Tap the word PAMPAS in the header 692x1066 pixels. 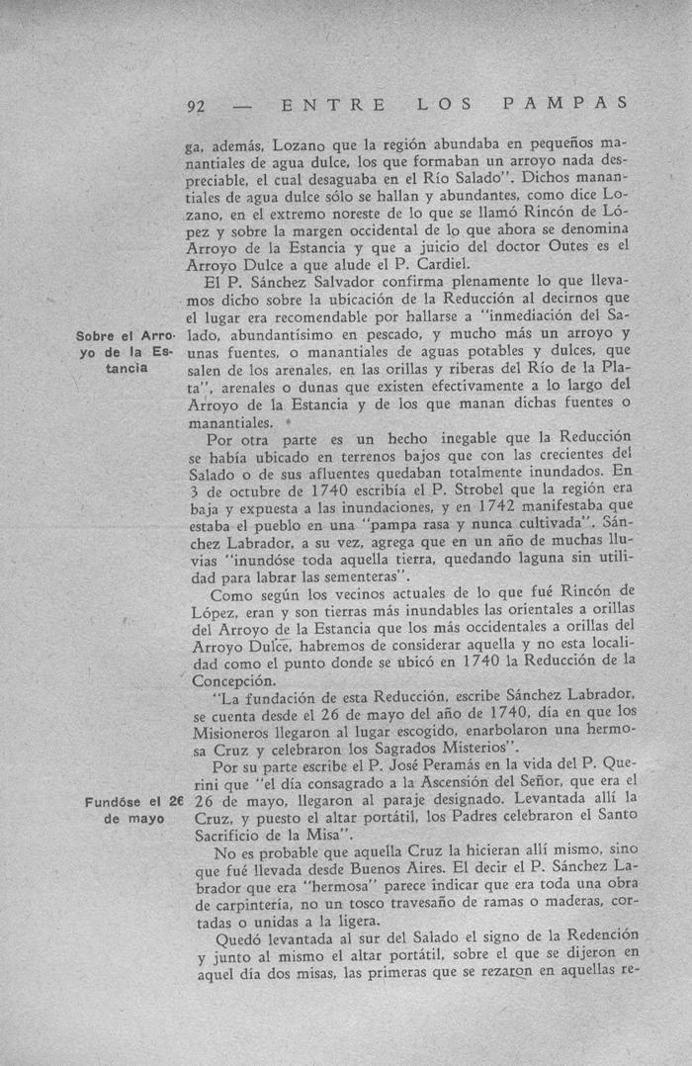(564, 102)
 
